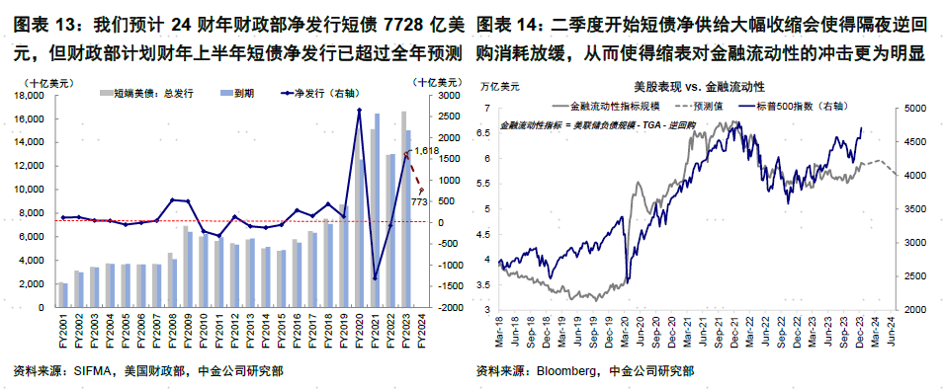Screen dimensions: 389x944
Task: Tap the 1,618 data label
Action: [x=425, y=150]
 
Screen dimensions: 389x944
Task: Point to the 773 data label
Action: [x=418, y=201]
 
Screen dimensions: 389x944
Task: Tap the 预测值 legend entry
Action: [x=704, y=104]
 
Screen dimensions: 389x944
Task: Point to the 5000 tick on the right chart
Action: [x=913, y=97]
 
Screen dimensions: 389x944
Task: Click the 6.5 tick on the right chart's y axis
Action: [x=484, y=132]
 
